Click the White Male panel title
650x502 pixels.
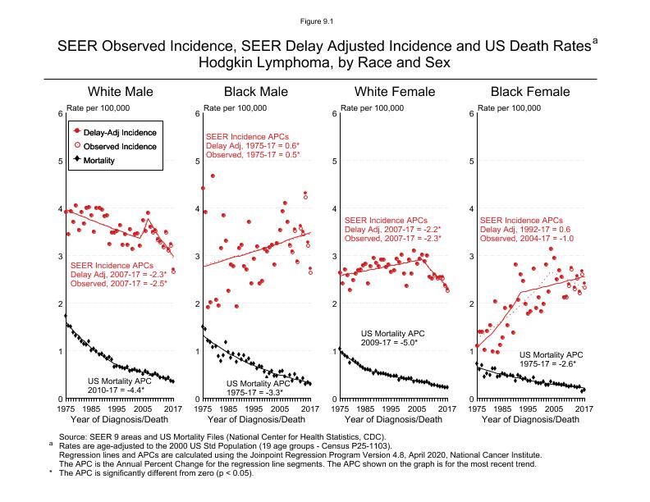[121, 91]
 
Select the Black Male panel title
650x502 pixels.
[257, 91]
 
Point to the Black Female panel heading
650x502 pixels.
[529, 91]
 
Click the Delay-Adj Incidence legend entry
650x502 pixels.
[120, 131]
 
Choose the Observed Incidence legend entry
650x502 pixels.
[120, 145]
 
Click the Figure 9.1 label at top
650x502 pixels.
[325, 17]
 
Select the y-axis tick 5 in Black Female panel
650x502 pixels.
[472, 161]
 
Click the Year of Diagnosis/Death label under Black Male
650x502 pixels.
[255, 420]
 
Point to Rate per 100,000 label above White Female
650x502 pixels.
[373, 108]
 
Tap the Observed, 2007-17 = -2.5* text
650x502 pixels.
[120, 283]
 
